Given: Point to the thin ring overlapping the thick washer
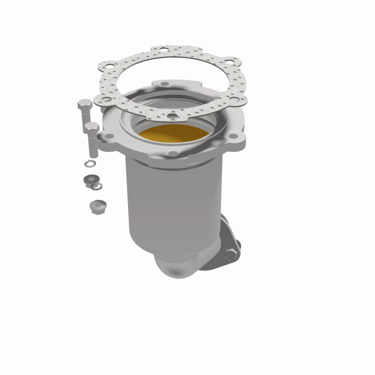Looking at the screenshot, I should [96, 186].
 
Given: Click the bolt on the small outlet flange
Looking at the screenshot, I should [231, 255].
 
